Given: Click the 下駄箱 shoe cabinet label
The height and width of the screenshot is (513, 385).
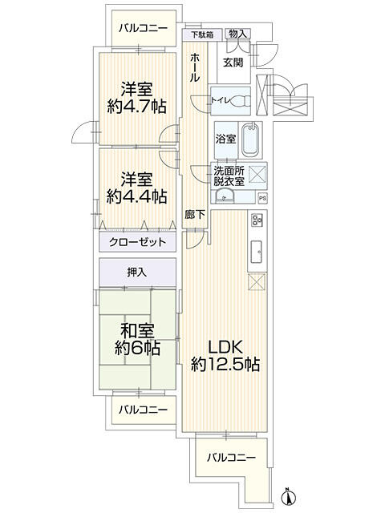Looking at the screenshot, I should coord(202,35).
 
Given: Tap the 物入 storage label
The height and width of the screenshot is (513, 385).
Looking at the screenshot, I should coord(238,34).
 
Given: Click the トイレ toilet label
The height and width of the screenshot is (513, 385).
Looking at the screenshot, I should coord(221,100).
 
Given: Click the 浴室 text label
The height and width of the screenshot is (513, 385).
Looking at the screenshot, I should coord(225,139).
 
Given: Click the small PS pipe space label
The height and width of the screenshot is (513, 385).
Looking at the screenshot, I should coord(262,198).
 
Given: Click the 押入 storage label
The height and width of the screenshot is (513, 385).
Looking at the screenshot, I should coord(137,273).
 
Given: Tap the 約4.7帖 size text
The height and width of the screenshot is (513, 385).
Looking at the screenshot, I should coord(138,104).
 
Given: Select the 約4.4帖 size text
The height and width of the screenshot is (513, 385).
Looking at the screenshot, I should coord(138,196).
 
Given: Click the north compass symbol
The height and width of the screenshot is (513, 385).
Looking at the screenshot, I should coord(286,497).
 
